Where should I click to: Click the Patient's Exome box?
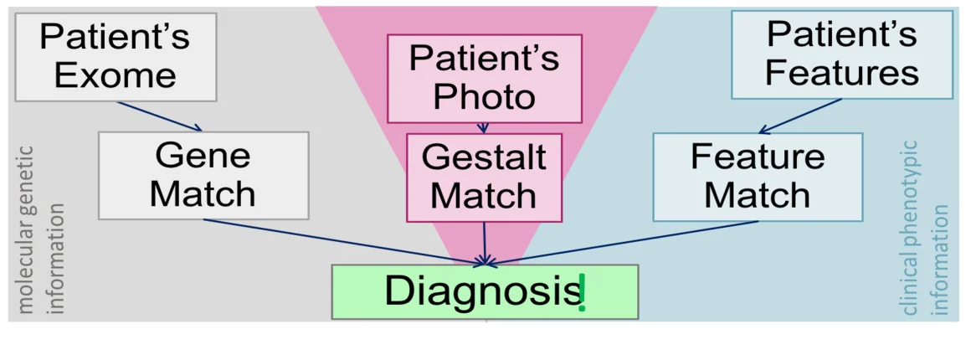(116, 57)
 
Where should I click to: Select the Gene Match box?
(203, 175)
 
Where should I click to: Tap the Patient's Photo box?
(484, 78)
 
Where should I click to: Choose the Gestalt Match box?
(484, 177)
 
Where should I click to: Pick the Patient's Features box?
(841, 54)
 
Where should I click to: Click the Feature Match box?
(757, 176)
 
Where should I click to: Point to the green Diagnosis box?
(484, 291)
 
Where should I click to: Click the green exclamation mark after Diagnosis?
(582, 294)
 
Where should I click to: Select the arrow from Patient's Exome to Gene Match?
(159, 116)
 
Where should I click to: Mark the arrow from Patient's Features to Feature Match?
(800, 116)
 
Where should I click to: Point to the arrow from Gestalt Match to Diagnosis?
(485, 243)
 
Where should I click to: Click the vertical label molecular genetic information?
(40, 230)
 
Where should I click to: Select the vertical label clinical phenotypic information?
(927, 228)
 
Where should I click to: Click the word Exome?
(116, 75)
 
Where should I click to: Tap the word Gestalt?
(484, 157)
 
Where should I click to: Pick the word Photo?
(484, 97)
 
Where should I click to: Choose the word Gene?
(203, 156)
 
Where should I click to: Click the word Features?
(841, 73)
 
